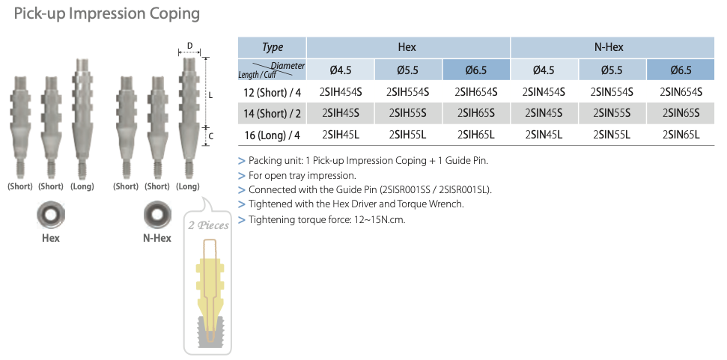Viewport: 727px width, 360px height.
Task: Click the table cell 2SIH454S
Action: point(341,92)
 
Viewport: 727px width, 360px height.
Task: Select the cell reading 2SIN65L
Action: point(681,135)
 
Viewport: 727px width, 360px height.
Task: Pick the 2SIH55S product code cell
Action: point(408,114)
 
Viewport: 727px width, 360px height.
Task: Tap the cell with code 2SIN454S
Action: point(544,92)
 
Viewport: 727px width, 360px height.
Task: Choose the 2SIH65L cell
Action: point(476,135)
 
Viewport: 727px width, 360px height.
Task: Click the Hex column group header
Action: point(408,47)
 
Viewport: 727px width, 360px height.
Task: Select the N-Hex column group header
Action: point(612,47)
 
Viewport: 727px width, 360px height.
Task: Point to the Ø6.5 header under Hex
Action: point(476,70)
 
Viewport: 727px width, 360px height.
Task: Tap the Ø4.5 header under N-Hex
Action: point(544,70)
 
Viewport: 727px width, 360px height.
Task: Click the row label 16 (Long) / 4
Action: point(273,135)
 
